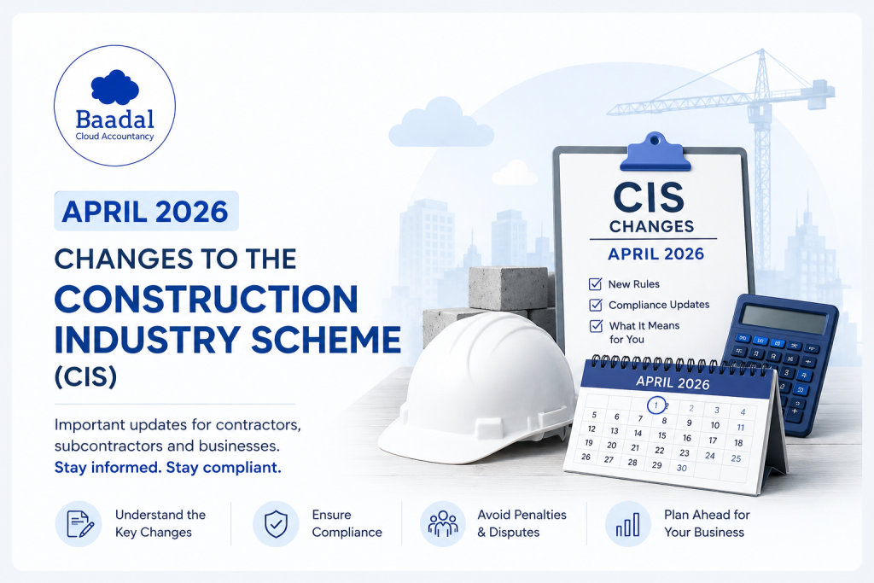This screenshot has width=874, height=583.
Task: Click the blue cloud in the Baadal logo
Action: pyautogui.click(x=115, y=88)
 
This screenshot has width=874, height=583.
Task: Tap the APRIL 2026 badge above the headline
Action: pyautogui.click(x=146, y=211)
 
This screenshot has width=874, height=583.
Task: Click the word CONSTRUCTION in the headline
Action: pyautogui.click(x=207, y=300)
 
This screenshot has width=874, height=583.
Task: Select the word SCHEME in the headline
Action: pyautogui.click(x=326, y=340)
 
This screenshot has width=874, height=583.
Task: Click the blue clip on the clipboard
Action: pyautogui.click(x=655, y=152)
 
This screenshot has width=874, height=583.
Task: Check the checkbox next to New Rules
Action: pyautogui.click(x=595, y=283)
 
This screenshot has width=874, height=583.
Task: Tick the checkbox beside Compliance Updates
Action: pyautogui.click(x=596, y=305)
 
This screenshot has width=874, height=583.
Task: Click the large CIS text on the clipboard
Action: pyautogui.click(x=649, y=197)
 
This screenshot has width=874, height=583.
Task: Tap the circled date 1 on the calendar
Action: pyautogui.click(x=656, y=405)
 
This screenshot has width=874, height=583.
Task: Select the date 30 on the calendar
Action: pyautogui.click(x=682, y=468)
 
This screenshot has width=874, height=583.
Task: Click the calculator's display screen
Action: pyautogui.click(x=784, y=319)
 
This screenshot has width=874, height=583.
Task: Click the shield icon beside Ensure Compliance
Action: pyautogui.click(x=276, y=524)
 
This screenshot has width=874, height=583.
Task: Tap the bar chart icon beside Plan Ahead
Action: pyautogui.click(x=627, y=524)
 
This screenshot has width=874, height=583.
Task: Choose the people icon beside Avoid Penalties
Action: pyautogui.click(x=443, y=524)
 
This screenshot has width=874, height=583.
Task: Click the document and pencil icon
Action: pyautogui.click(x=79, y=524)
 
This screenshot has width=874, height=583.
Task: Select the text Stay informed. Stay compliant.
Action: pyautogui.click(x=168, y=467)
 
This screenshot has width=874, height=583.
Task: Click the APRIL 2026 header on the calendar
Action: pyautogui.click(x=673, y=382)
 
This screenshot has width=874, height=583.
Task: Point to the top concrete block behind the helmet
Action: pyautogui.click(x=508, y=287)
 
